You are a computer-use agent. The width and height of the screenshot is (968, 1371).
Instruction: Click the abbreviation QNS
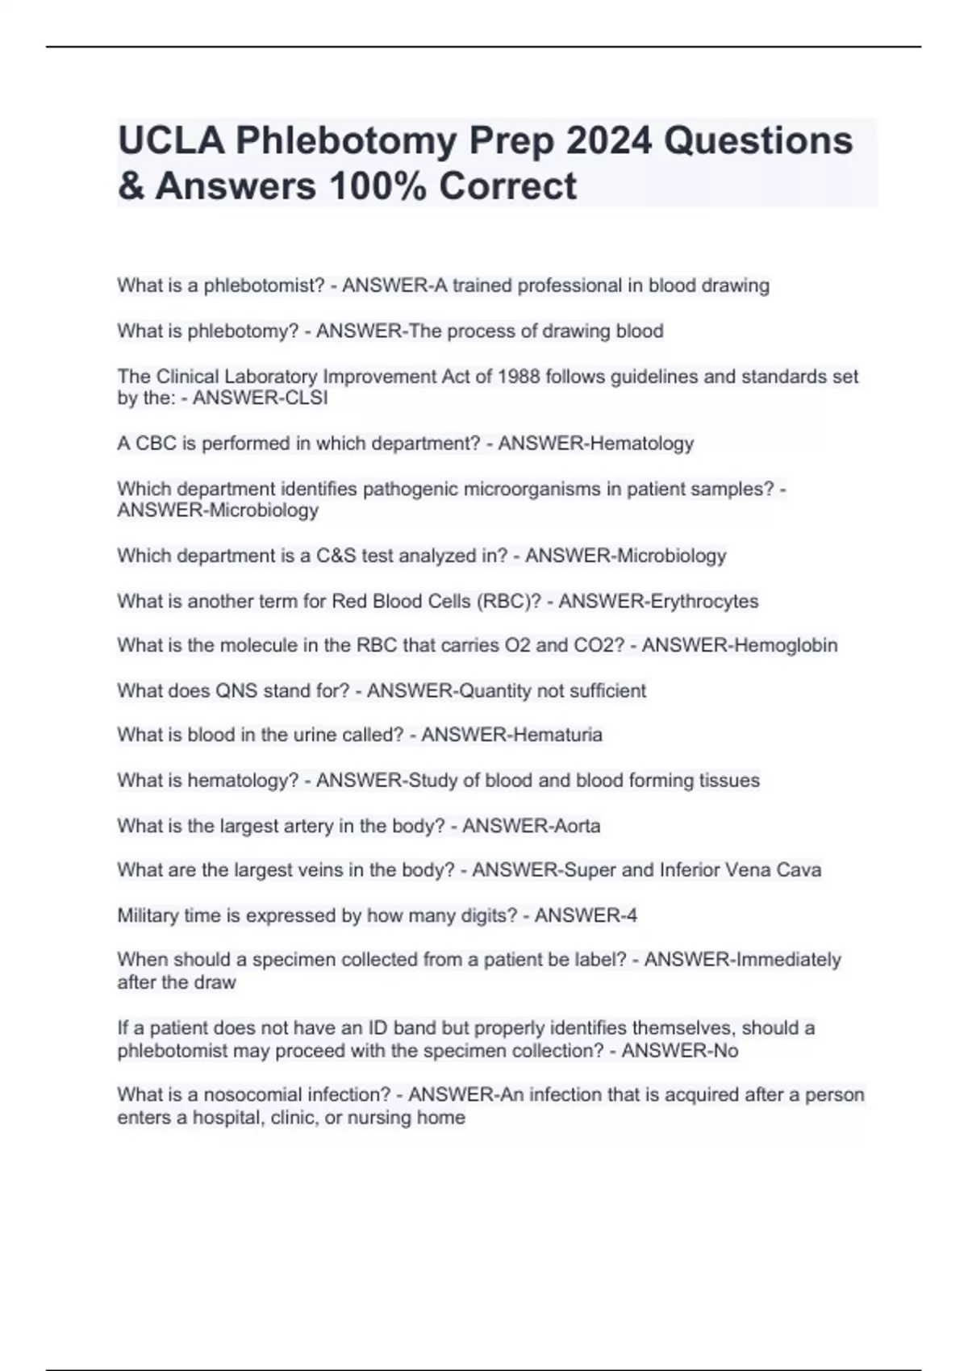[x=236, y=691]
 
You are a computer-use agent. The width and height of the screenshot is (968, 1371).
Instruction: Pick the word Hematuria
[x=557, y=735]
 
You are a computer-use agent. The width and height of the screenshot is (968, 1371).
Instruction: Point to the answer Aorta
[x=575, y=826]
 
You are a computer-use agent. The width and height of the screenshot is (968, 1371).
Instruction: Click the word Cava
[x=799, y=870]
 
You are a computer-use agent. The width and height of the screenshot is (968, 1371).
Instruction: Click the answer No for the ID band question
[x=726, y=1051]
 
